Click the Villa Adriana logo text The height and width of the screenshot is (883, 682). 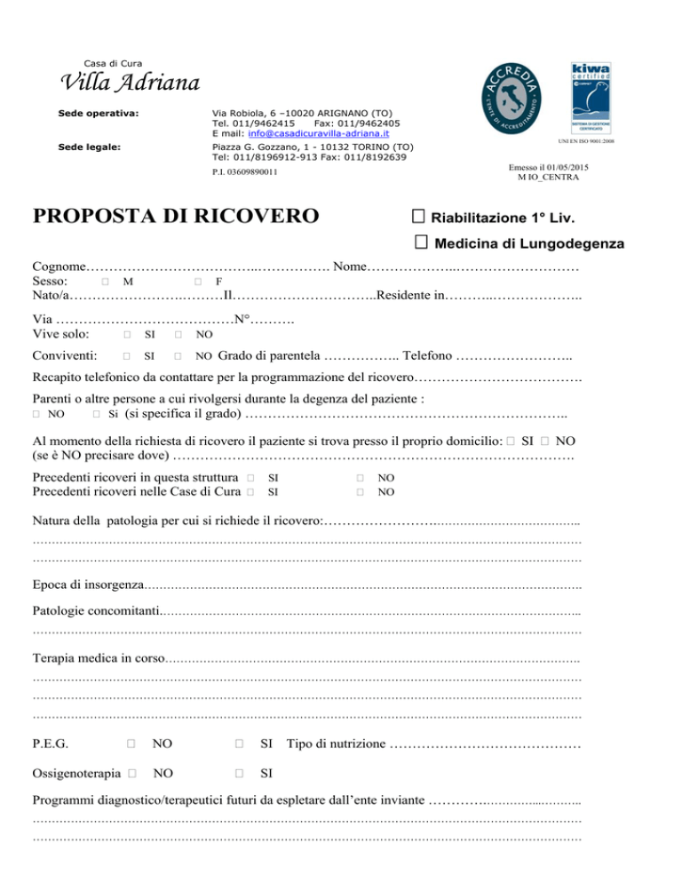click(129, 84)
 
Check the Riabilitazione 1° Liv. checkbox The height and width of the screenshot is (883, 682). click(420, 216)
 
